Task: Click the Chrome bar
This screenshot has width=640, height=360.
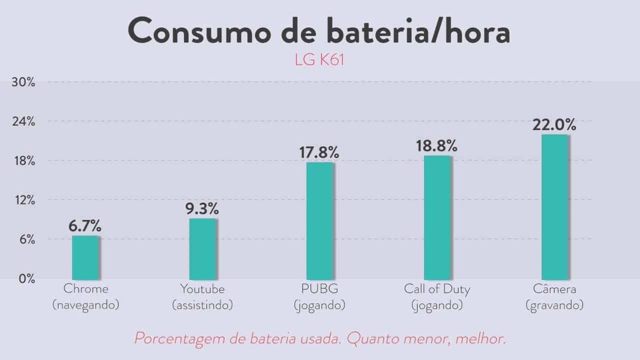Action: click(x=85, y=257)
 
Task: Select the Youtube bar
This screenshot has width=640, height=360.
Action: click(x=203, y=249)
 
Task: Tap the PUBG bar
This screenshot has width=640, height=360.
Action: click(x=319, y=220)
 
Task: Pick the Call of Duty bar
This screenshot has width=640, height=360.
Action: click(x=437, y=217)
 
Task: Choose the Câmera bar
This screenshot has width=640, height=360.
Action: click(x=554, y=206)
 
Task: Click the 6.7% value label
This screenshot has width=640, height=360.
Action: click(x=85, y=226)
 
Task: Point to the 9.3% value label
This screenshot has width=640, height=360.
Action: click(x=202, y=209)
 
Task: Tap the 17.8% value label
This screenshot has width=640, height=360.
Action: click(x=319, y=152)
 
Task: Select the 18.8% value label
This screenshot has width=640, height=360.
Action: click(x=437, y=146)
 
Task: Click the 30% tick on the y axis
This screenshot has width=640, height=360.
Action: click(x=23, y=82)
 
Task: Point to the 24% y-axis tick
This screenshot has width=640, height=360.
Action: click(x=23, y=122)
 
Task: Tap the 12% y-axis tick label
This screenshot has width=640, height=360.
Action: click(x=23, y=200)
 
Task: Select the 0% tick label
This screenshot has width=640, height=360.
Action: click(x=26, y=279)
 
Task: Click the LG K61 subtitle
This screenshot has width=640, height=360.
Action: click(x=319, y=59)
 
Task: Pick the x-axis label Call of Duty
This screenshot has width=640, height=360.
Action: click(x=437, y=290)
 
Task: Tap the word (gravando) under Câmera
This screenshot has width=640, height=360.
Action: click(x=554, y=306)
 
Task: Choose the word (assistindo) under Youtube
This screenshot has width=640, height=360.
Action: click(x=202, y=306)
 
